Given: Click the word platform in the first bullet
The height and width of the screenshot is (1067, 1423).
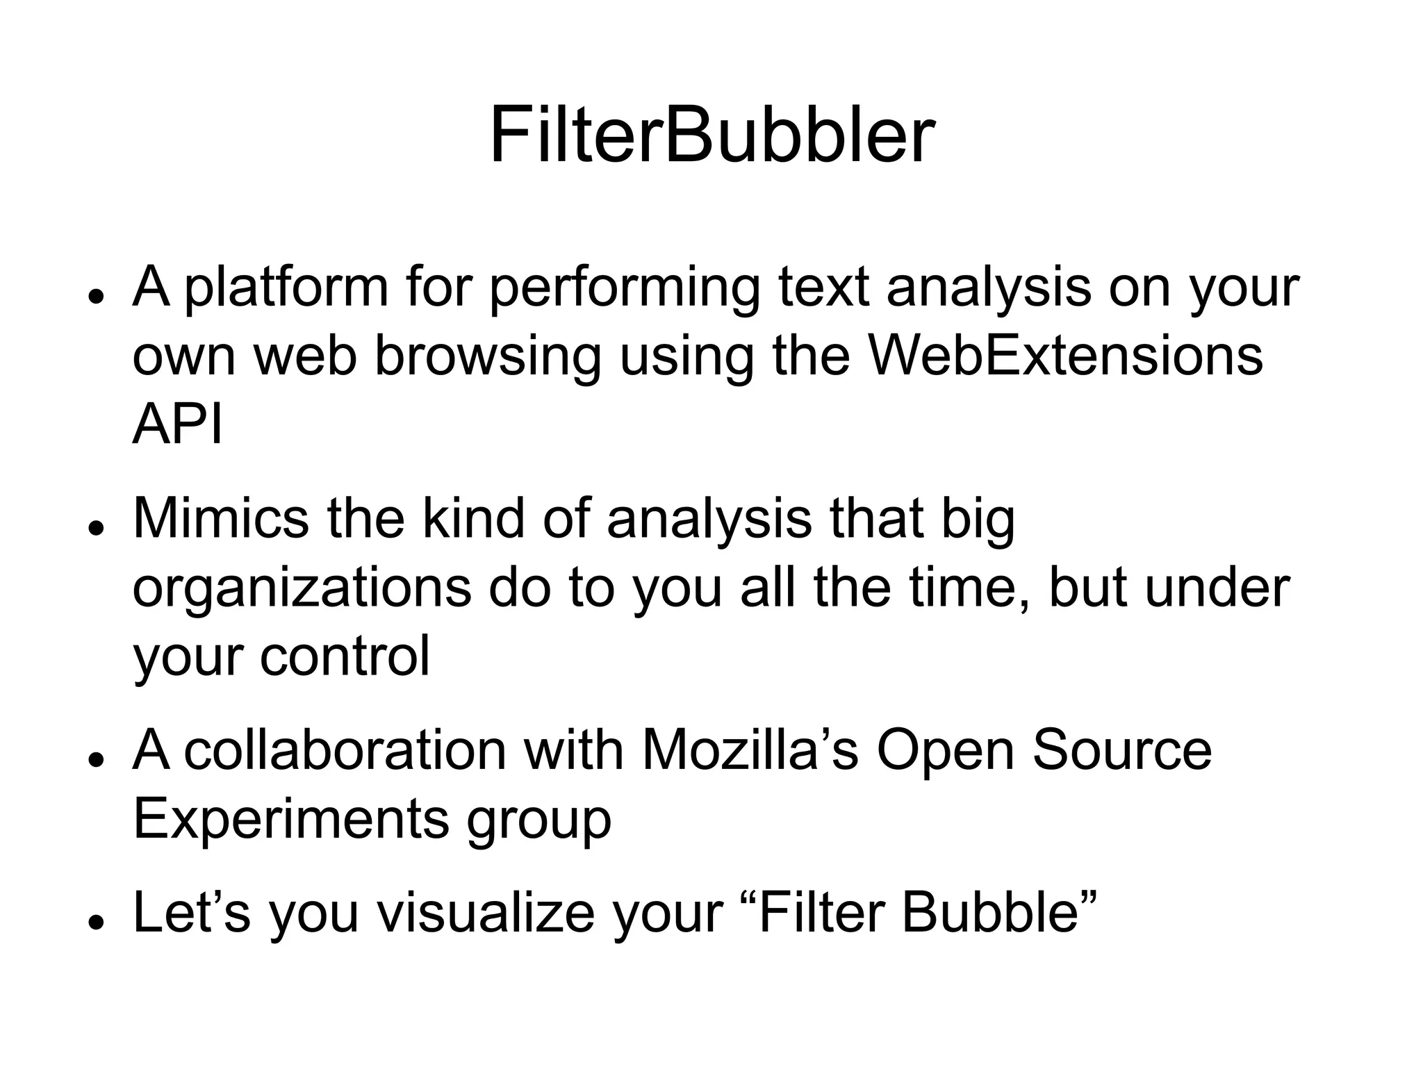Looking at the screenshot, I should (286, 288).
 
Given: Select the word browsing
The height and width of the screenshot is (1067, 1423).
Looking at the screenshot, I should (487, 357).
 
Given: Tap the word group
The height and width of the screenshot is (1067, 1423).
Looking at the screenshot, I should (538, 820).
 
